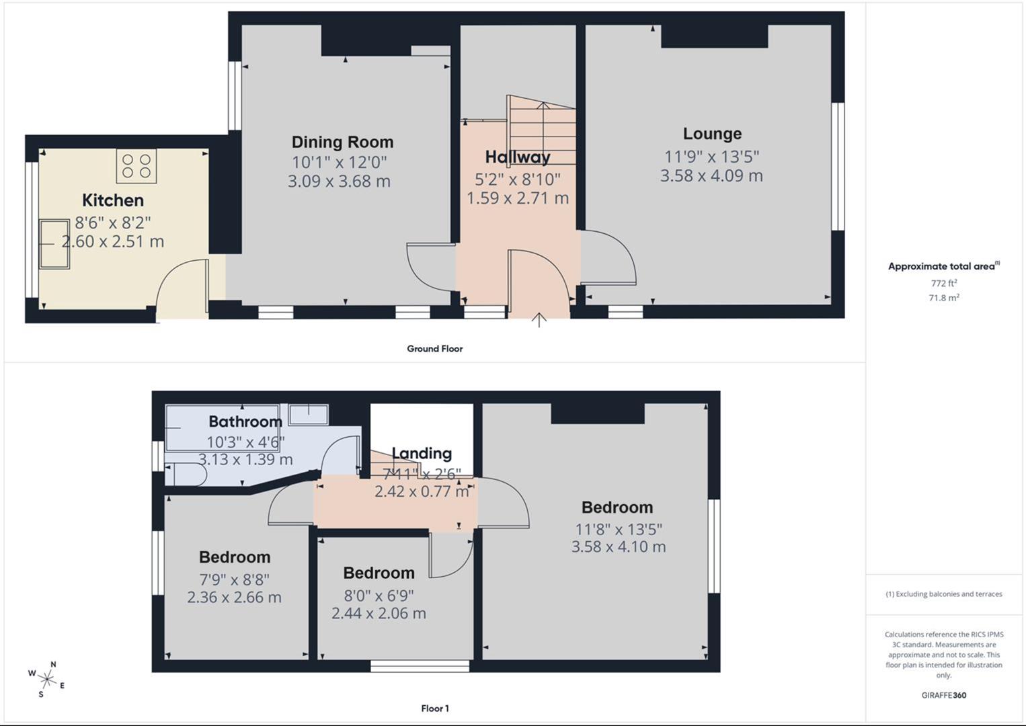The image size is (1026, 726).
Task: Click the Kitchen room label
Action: click(x=113, y=200)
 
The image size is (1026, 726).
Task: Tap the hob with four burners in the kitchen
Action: click(x=136, y=166)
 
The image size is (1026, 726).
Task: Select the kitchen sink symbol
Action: click(x=54, y=243)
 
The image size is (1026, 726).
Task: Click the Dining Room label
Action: click(x=342, y=142)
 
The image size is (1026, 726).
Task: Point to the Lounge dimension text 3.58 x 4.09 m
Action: click(x=711, y=176)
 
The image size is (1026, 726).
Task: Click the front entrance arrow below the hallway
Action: click(x=539, y=320)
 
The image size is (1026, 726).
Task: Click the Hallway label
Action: click(x=518, y=157)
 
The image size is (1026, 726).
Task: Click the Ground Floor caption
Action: click(x=434, y=349)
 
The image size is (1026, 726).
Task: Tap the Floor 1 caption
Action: click(x=435, y=709)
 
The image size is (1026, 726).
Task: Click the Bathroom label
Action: click(x=245, y=421)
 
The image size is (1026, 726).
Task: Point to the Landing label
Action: click(x=422, y=454)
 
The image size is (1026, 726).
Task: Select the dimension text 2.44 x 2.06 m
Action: click(x=379, y=613)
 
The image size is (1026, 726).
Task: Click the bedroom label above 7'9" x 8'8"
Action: click(x=235, y=557)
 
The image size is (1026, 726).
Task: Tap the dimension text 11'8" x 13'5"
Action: click(x=619, y=529)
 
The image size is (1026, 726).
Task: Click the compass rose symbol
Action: click(x=47, y=679)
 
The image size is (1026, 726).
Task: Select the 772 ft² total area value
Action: click(x=943, y=283)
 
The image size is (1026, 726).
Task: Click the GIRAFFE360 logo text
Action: click(x=943, y=695)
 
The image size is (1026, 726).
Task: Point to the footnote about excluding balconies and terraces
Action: click(x=943, y=594)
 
